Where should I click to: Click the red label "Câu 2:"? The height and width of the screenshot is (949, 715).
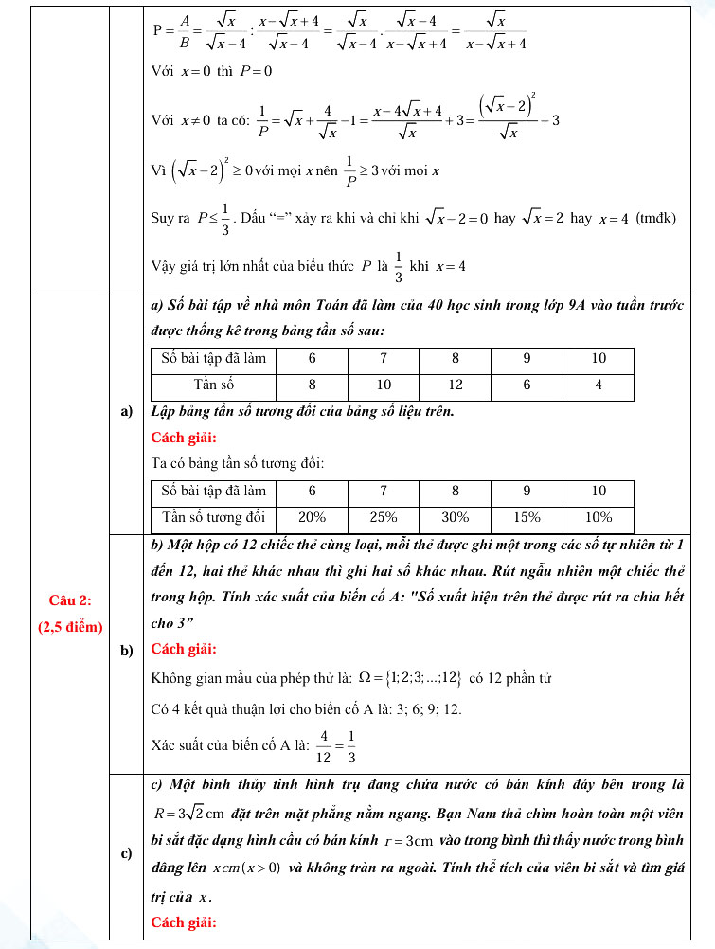69,599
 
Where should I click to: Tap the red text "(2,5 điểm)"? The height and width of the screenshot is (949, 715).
70,626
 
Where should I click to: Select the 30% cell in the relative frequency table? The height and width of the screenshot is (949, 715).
455,518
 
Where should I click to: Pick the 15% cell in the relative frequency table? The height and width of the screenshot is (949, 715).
527,518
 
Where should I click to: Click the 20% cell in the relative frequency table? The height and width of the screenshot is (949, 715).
312,518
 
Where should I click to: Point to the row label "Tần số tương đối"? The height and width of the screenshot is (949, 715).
213,518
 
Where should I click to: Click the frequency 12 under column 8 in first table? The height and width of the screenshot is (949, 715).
455,385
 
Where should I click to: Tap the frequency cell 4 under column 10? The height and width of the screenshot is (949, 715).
598,385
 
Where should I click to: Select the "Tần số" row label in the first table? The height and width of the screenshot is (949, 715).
213,385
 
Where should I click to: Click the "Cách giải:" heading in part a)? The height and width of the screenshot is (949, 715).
184,438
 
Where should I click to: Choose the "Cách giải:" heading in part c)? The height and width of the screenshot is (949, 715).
184,922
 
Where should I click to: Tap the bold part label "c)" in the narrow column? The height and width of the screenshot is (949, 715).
126,853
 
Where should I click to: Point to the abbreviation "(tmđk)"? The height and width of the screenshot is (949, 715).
656,218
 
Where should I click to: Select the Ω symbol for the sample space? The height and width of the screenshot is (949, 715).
361,678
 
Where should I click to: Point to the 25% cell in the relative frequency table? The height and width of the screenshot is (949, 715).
383,518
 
